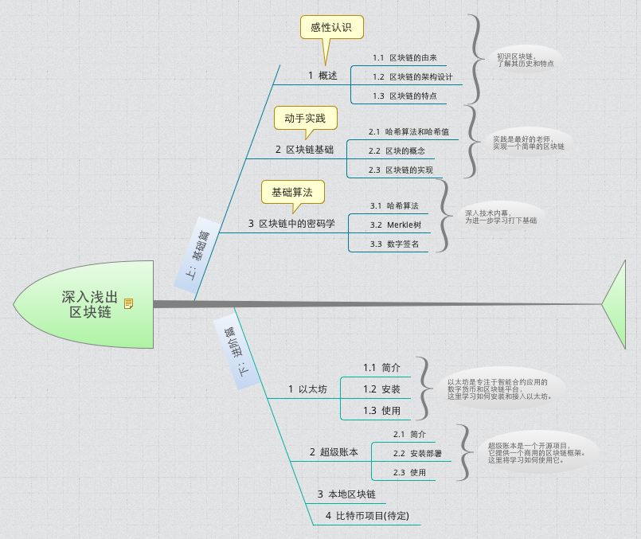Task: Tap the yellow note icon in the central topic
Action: point(128,303)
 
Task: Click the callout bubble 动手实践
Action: point(305,118)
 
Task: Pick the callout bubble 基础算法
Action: point(292,193)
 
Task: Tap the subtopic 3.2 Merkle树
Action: point(396,225)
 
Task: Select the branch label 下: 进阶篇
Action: point(236,353)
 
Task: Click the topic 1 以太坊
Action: point(307,389)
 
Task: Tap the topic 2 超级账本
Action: point(334,452)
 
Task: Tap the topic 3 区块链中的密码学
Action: point(296,224)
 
